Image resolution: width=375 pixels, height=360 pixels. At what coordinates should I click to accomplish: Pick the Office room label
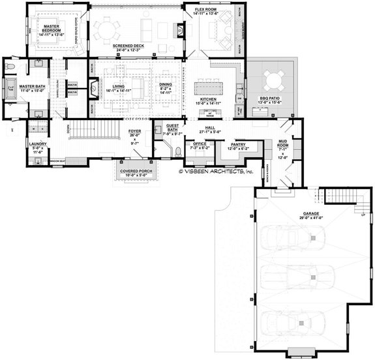click(x=199, y=144)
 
